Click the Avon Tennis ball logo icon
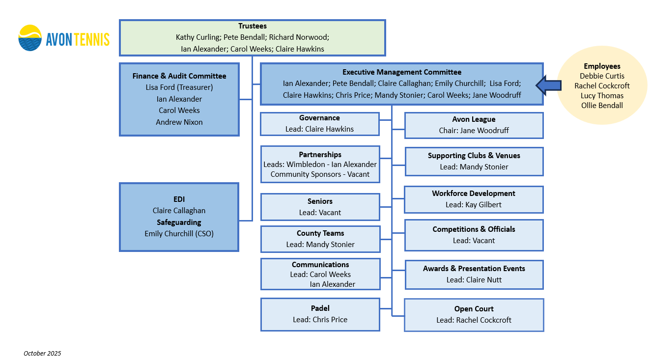pyautogui.click(x=30, y=38)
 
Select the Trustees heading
pyautogui.click(x=253, y=26)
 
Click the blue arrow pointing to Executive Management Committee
pyautogui.click(x=548, y=85)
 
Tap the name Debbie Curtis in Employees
pyautogui.click(x=602, y=76)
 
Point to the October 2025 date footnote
pyautogui.click(x=42, y=353)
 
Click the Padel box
pyautogui.click(x=320, y=314)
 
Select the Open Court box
pyautogui.click(x=474, y=315)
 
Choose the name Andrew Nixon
pyautogui.click(x=179, y=122)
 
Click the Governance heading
pyautogui.click(x=319, y=118)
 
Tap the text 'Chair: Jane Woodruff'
pyautogui.click(x=474, y=131)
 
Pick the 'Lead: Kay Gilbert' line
pyautogui.click(x=474, y=205)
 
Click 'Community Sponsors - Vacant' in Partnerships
pyautogui.click(x=320, y=174)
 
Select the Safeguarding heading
pyautogui.click(x=179, y=222)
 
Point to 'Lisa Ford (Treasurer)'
pyautogui.click(x=179, y=87)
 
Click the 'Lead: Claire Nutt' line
pyautogui.click(x=474, y=280)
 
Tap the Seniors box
pyautogui.click(x=320, y=207)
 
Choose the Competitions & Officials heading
pyautogui.click(x=474, y=229)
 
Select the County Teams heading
pyautogui.click(x=320, y=233)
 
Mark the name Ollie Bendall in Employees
pyautogui.click(x=602, y=106)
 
